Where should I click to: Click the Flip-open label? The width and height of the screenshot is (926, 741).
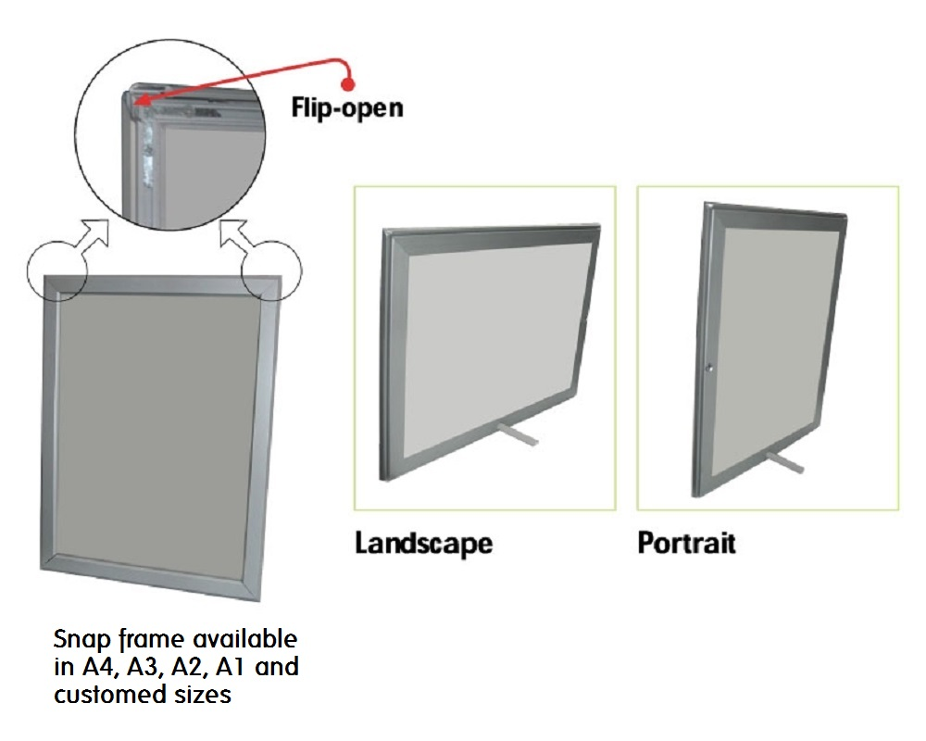(347, 108)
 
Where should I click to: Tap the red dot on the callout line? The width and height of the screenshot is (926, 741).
(348, 84)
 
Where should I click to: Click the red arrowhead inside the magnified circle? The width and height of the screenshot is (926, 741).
(141, 102)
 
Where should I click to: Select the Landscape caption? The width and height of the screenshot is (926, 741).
(423, 544)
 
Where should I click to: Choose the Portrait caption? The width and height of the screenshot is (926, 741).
(687, 543)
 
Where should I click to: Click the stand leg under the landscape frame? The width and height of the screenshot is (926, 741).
(518, 433)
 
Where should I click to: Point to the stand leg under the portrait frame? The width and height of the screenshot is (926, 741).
(785, 461)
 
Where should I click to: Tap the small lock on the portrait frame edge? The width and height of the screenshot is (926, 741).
(709, 368)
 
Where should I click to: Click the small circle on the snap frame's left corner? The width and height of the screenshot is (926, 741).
(57, 271)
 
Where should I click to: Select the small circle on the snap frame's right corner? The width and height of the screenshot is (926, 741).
(271, 271)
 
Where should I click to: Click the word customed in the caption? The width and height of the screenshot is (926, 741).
(110, 694)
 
